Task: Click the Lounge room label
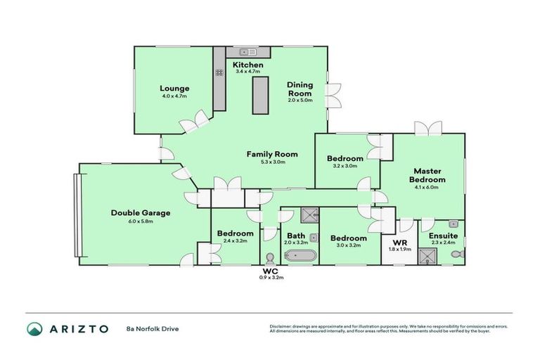pos(175,88)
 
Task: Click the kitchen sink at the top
pos(247,52)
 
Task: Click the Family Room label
pos(271,154)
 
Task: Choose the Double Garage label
pos(141,212)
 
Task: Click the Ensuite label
pos(443,235)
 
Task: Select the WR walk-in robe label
pos(397,243)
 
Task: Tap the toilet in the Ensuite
pos(456,253)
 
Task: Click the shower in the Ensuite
pos(428,256)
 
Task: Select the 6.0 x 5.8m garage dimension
pos(141,221)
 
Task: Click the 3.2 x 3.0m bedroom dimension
pos(345,166)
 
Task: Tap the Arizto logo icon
pos(34,328)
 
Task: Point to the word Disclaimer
pos(281,326)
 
